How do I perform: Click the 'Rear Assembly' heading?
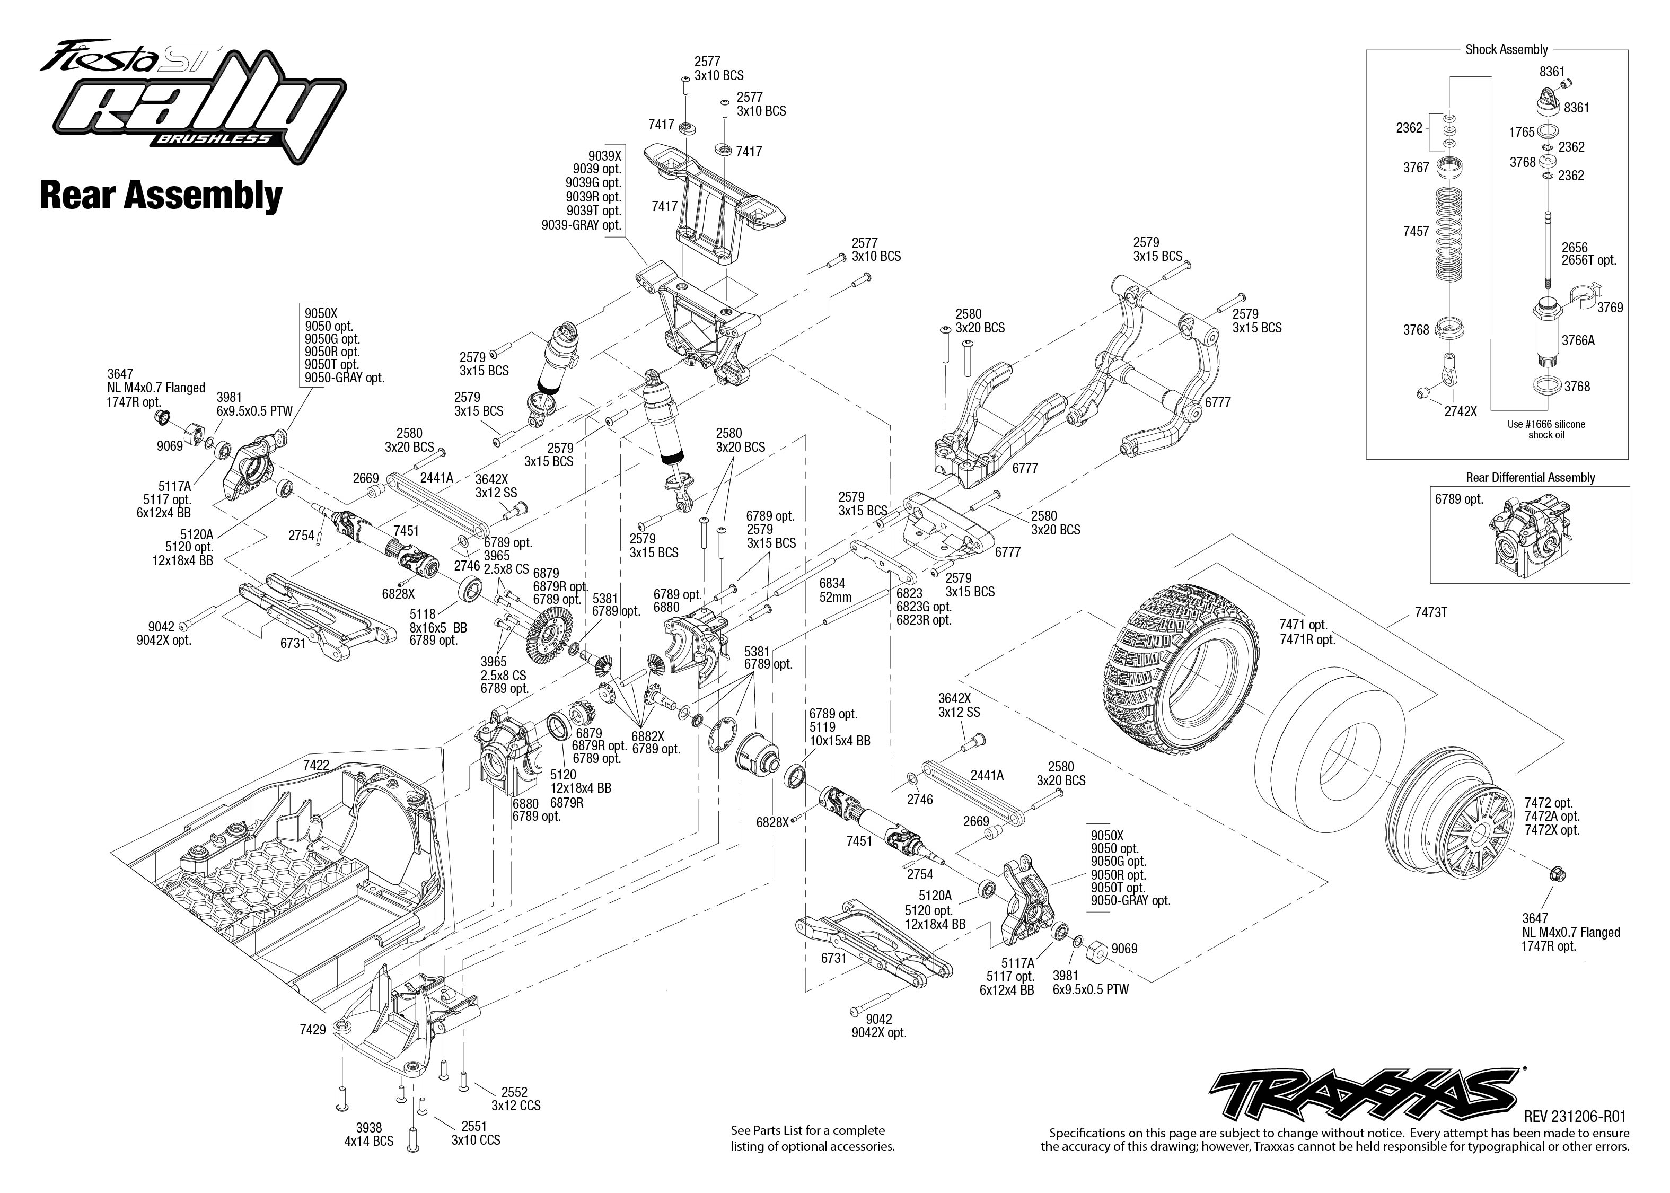pyautogui.click(x=161, y=196)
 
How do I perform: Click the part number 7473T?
pyautogui.click(x=1430, y=612)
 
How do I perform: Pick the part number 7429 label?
pyautogui.click(x=312, y=1030)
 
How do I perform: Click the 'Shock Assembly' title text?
pyautogui.click(x=1506, y=49)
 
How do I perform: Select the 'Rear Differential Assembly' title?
pyautogui.click(x=1531, y=478)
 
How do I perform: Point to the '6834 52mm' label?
pyautogui.click(x=835, y=590)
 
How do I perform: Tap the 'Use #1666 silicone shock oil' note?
pyautogui.click(x=1545, y=429)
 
